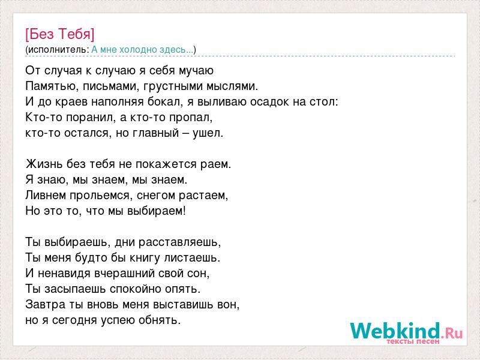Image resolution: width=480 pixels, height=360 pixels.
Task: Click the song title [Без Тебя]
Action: [60, 34]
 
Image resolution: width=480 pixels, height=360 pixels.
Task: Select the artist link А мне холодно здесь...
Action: [143, 50]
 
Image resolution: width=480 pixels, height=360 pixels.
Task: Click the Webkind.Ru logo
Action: [407, 331]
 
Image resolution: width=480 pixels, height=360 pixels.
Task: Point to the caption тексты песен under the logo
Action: [413, 341]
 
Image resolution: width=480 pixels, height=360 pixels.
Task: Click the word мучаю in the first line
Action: [196, 71]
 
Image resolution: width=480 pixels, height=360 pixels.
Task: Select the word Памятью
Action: [50, 86]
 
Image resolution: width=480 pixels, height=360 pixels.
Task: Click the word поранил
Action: [91, 118]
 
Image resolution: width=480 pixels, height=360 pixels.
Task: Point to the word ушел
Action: [208, 133]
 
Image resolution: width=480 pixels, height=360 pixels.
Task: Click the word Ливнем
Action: [46, 196]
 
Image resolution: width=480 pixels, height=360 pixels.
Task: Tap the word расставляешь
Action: [179, 242]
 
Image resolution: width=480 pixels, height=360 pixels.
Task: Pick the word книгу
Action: [145, 258]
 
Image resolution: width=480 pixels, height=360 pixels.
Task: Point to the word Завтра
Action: [46, 305]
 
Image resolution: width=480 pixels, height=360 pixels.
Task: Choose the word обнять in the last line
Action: [160, 320]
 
